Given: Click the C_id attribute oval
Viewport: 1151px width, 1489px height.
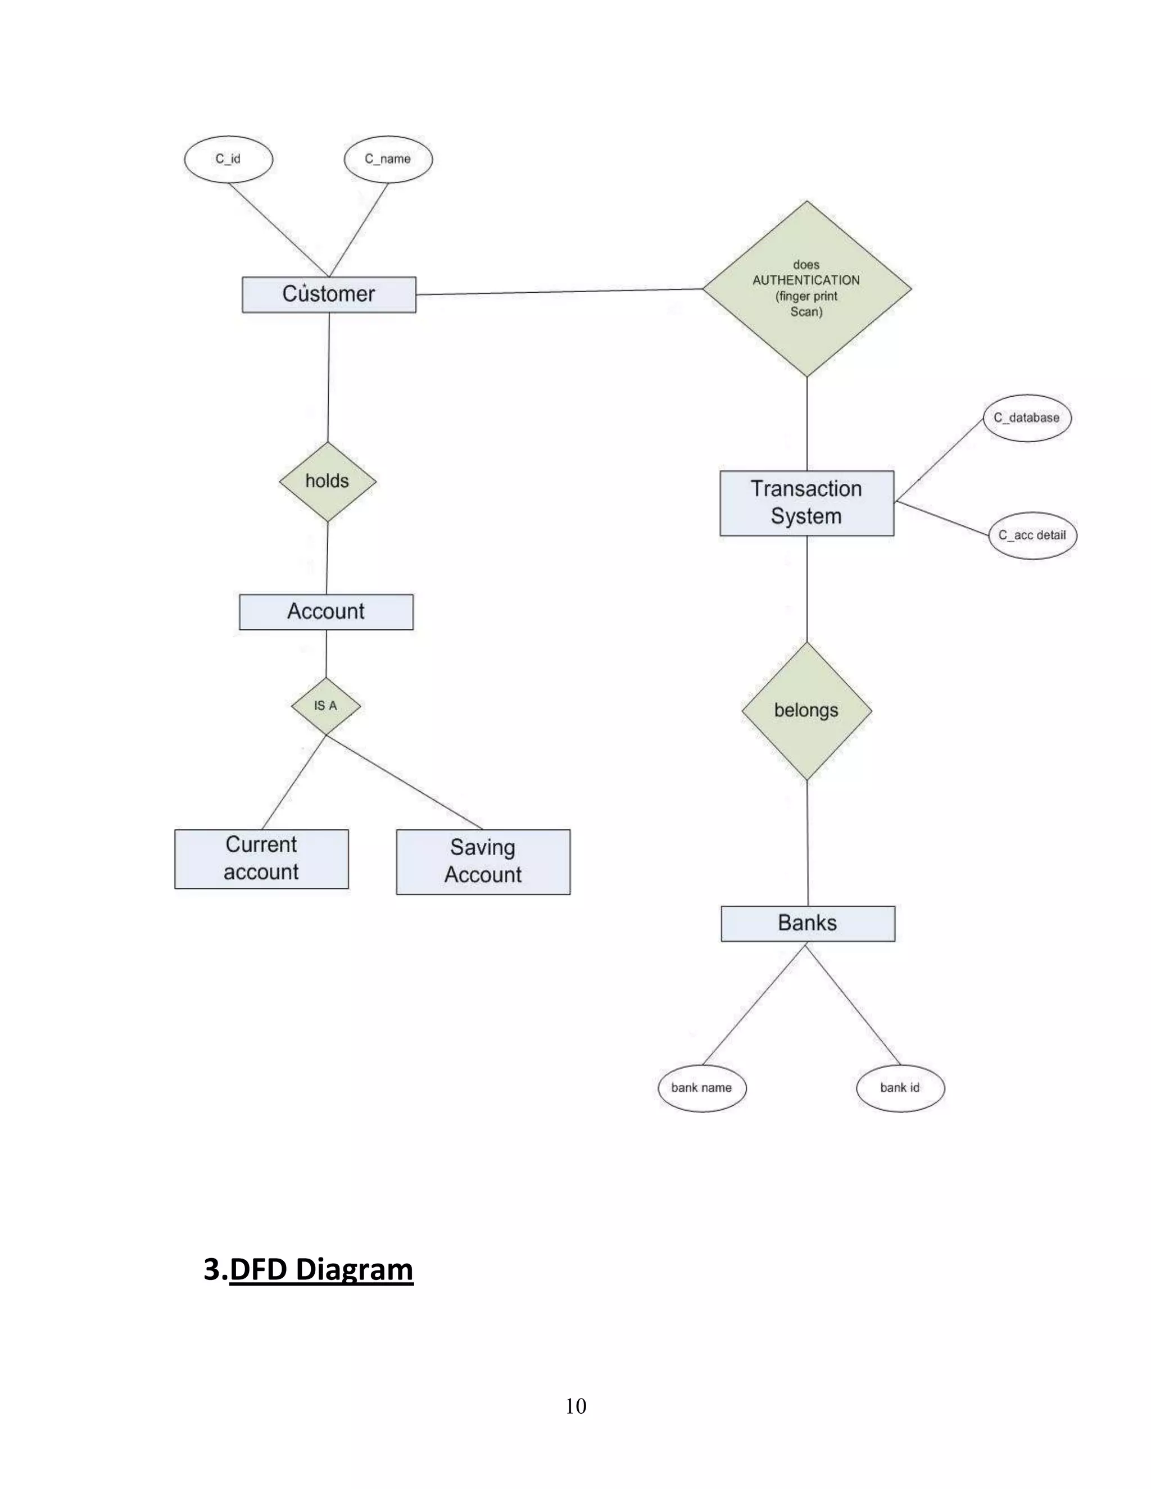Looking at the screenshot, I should pyautogui.click(x=228, y=159).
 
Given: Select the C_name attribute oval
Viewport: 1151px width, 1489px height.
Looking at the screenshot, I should pyautogui.click(x=388, y=159).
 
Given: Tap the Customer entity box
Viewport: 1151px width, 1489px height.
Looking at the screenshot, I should pyautogui.click(x=329, y=294).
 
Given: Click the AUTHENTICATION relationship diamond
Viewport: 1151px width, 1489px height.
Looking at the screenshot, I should pyautogui.click(x=806, y=288).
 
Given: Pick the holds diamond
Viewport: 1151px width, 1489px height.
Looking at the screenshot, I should pyautogui.click(x=327, y=482).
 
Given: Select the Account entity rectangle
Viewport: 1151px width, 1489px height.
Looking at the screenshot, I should pyautogui.click(x=326, y=611).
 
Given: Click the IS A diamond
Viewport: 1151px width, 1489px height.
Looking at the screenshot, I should pyautogui.click(x=325, y=706).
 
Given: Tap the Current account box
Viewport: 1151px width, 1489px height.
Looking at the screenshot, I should pyautogui.click(x=261, y=859).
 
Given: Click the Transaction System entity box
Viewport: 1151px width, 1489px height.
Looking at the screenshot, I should pyautogui.click(x=806, y=502).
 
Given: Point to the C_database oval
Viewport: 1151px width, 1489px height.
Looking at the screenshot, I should pyautogui.click(x=1027, y=418).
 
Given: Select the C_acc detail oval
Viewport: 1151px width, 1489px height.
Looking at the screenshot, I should pyautogui.click(x=1032, y=535).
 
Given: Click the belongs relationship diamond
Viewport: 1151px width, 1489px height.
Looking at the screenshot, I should pyautogui.click(x=806, y=710).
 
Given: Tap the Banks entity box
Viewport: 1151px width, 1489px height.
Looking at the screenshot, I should pyautogui.click(x=808, y=923).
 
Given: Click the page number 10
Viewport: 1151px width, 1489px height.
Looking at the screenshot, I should pyautogui.click(x=575, y=1406).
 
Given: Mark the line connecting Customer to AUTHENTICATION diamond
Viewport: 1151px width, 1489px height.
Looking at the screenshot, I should pyautogui.click(x=559, y=292).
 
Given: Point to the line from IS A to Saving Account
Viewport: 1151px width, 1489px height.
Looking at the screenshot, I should pyautogui.click(x=404, y=782).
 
